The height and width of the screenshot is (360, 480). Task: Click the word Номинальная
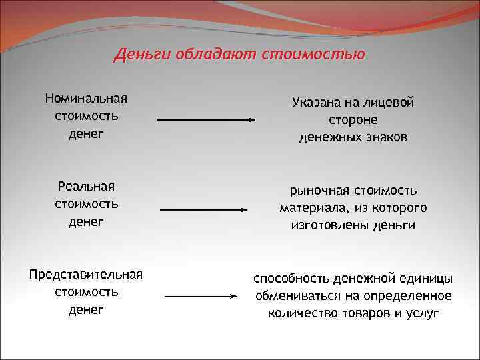[x=86, y=99]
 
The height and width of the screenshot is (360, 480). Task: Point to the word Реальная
[x=86, y=185]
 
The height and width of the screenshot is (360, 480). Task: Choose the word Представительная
[x=86, y=275]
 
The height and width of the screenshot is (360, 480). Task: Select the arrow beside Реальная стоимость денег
[x=204, y=209]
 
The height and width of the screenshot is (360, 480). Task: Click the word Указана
[x=315, y=103]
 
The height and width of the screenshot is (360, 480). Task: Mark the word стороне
[x=353, y=120]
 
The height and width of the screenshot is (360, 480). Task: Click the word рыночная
[x=317, y=191]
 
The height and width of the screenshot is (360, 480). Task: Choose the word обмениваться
[x=296, y=295]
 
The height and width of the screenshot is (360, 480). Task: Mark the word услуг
[x=424, y=313]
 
